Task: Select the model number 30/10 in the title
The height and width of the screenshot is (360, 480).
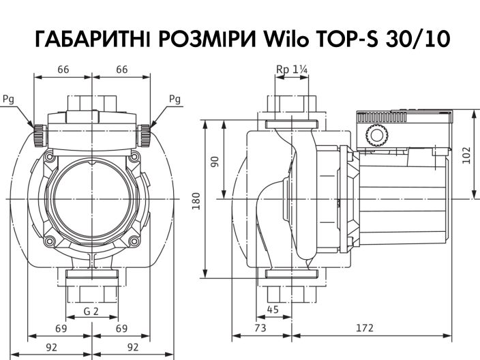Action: [415, 40]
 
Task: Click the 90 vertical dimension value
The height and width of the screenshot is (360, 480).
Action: [215, 162]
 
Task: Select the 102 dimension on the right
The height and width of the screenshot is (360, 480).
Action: [466, 155]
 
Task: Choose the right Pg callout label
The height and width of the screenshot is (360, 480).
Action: [175, 99]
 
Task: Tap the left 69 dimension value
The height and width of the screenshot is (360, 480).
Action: [60, 329]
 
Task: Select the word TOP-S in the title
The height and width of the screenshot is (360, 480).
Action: [348, 40]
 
